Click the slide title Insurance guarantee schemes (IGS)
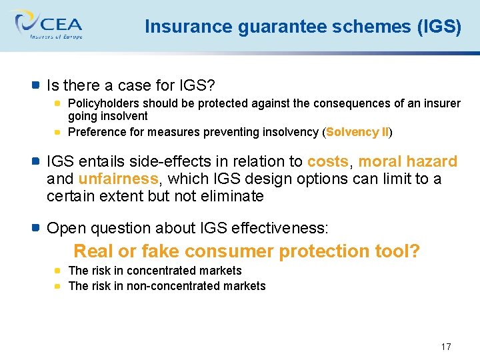(303, 27)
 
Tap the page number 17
(446, 347)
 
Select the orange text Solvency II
(357, 132)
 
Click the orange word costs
(327, 162)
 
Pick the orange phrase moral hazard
(408, 162)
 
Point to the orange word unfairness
(118, 179)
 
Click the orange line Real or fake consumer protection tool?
(247, 251)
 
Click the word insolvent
(125, 116)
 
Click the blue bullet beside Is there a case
(36, 85)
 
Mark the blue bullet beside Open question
(36, 228)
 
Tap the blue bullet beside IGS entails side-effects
(36, 161)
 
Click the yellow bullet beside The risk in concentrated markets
(58, 271)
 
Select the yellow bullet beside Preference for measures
(58, 132)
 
